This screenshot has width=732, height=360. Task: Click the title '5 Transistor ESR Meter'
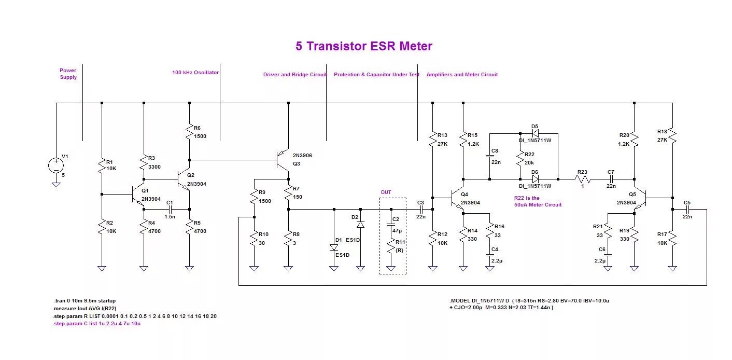[x=364, y=46]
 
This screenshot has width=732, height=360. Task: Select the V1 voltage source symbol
[x=56, y=165]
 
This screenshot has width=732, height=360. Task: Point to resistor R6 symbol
[x=190, y=132]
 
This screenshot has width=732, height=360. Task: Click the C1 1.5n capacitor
[x=170, y=209]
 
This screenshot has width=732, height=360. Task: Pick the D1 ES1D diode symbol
[x=334, y=247]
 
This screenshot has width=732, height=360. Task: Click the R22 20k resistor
[x=519, y=158]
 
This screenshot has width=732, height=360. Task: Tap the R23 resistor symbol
[x=583, y=179]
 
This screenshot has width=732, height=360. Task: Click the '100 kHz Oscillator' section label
[x=195, y=73]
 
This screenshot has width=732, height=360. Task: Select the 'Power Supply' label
[x=68, y=74]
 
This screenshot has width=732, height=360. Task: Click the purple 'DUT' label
[x=386, y=192]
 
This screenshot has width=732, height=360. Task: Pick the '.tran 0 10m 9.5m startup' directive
[x=85, y=300]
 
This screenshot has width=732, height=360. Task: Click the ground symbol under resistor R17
[x=672, y=268]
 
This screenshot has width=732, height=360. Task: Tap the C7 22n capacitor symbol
[x=611, y=179]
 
